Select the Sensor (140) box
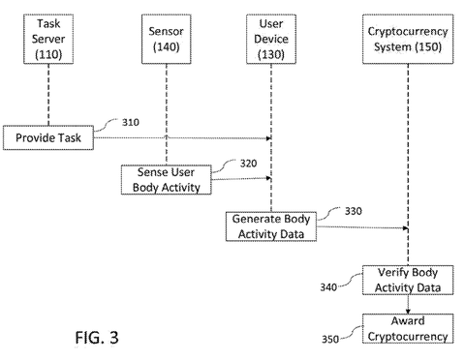coord(167,38)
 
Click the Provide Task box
coord(47,138)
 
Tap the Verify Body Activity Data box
coord(407,279)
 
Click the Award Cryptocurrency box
coord(407,329)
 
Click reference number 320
coord(249,164)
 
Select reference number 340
coord(327,286)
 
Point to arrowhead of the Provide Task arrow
coord(267,139)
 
